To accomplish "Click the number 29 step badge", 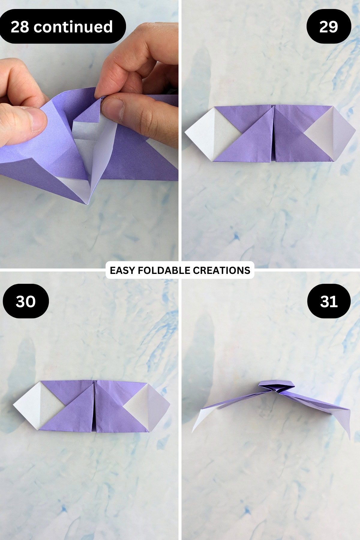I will click(x=329, y=27).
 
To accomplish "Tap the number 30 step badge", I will click(x=26, y=301).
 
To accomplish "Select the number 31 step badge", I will click(x=329, y=301).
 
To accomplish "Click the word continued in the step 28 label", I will click(x=73, y=27).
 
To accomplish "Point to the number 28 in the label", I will click(x=20, y=27).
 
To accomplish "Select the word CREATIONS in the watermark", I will click(x=221, y=270).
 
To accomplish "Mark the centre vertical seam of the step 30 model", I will click(x=94, y=406).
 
